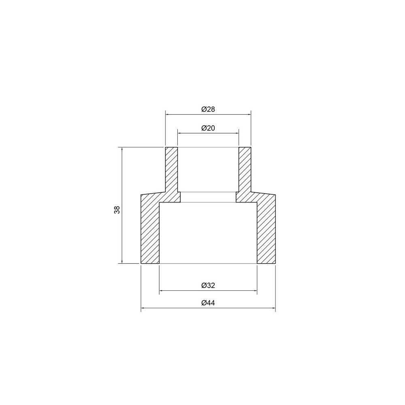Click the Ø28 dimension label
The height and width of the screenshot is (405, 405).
click(x=208, y=109)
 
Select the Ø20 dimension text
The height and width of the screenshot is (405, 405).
click(x=208, y=128)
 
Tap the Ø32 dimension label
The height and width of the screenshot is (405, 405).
click(x=208, y=285)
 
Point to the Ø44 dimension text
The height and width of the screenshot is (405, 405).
click(x=208, y=303)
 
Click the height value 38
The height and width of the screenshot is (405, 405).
click(x=117, y=210)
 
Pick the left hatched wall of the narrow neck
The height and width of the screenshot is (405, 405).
click(x=172, y=170)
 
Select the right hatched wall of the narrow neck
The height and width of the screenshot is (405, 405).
click(x=245, y=170)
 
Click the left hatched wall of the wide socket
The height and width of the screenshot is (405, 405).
click(x=150, y=231)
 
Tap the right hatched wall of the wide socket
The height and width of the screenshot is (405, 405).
click(x=266, y=231)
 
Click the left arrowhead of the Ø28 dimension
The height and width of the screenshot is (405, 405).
click(x=167, y=115)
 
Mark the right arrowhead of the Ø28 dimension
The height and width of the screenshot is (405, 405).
click(x=249, y=115)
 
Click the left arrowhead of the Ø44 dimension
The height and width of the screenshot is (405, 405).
click(x=143, y=309)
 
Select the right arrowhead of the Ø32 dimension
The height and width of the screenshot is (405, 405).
click(x=255, y=290)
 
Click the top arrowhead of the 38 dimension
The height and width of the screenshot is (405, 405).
click(x=122, y=149)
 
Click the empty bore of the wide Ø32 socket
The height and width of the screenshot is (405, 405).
click(x=208, y=233)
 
